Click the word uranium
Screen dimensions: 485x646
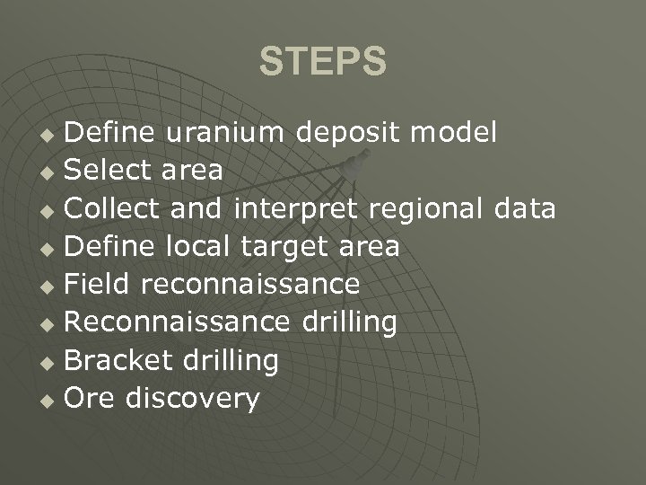click(x=224, y=133)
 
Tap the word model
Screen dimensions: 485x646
click(x=453, y=133)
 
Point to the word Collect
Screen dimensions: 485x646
click(x=112, y=208)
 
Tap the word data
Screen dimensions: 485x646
click(x=525, y=208)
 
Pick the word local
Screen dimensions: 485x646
click(x=207, y=246)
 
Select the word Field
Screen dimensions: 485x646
click(x=100, y=285)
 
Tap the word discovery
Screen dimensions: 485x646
click(x=193, y=400)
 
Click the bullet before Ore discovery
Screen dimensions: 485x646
click(x=52, y=401)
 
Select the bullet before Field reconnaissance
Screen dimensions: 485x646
click(x=52, y=287)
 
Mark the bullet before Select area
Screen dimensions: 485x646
click(x=52, y=173)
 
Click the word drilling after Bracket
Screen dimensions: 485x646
click(x=230, y=362)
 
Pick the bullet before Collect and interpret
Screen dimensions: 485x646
click(x=52, y=211)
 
